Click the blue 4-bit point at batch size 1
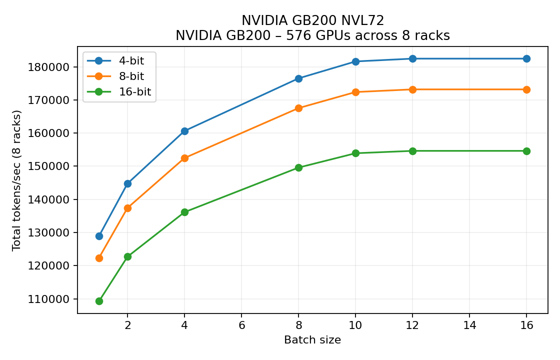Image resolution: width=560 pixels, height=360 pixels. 99,236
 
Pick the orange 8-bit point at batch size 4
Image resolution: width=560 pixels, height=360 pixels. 184,158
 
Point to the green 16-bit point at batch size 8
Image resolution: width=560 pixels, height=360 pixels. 298,167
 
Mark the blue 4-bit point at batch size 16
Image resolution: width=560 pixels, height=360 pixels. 526,58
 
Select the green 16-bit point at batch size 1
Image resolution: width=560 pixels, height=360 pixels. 99,301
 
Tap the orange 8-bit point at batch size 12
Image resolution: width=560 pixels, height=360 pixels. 412,89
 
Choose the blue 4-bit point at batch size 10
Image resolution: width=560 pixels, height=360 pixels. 355,61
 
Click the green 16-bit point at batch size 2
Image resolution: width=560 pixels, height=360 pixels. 127,256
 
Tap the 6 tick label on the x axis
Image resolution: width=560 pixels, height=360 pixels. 241,324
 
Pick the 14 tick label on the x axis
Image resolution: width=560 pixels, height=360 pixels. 469,324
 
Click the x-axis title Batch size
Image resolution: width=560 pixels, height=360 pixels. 312,340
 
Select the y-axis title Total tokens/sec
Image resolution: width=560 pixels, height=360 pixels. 17,180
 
